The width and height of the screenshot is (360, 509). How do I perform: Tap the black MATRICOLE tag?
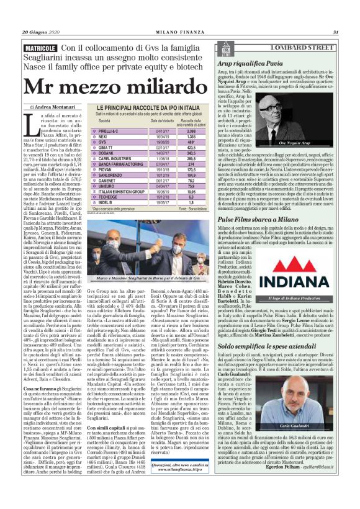40,48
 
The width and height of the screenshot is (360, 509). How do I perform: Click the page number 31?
335,32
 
